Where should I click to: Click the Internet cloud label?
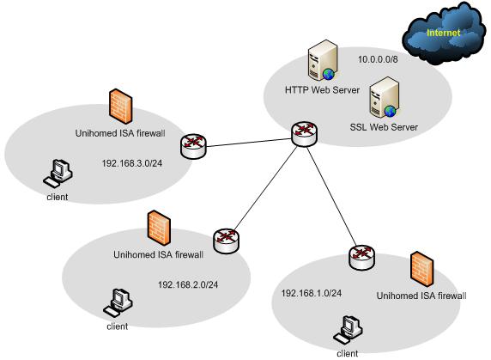[x=444, y=33]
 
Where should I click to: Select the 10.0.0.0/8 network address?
[x=378, y=59]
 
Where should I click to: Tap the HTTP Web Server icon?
[x=322, y=60]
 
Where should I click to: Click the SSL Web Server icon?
[x=385, y=97]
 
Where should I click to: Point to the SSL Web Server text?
[x=384, y=127]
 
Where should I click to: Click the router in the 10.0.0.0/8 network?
[x=304, y=134]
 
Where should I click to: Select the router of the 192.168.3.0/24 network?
[x=193, y=146]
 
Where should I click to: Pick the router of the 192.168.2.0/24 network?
[x=226, y=241]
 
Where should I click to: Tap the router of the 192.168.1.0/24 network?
[x=361, y=258]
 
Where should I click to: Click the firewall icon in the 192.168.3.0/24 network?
[x=121, y=107]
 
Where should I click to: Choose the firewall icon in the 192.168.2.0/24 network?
[x=159, y=228]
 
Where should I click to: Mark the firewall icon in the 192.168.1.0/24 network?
[x=422, y=269]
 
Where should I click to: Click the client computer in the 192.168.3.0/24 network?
[x=58, y=174]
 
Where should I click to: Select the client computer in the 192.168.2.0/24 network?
[x=118, y=303]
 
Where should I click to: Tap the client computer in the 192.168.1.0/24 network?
[x=348, y=330]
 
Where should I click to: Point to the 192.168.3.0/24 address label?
[x=132, y=163]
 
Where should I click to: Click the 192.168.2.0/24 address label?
[x=188, y=284]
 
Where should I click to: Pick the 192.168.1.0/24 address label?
[x=312, y=293]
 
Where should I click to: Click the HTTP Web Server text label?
[x=322, y=90]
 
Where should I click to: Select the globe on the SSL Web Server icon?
[x=390, y=111]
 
